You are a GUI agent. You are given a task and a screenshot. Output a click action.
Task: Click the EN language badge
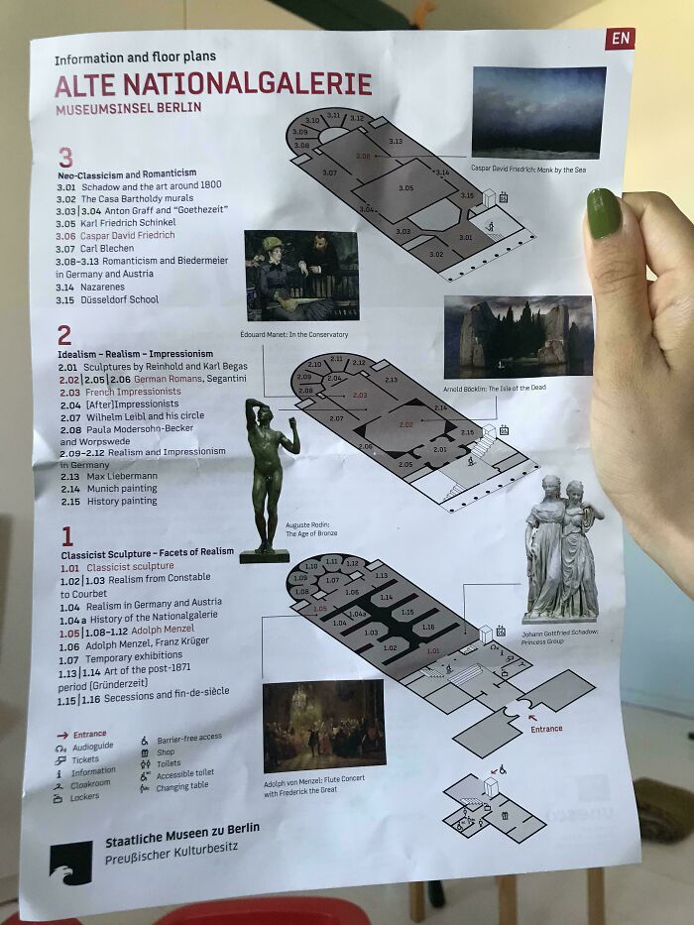[x=620, y=39]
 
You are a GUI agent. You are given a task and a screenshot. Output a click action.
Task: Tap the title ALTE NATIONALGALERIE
[x=213, y=84]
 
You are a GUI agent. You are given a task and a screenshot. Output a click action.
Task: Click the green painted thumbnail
[x=604, y=214]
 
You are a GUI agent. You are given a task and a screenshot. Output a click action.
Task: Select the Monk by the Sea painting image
[x=538, y=112]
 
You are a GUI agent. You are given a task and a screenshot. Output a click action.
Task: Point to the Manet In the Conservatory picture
[x=300, y=276]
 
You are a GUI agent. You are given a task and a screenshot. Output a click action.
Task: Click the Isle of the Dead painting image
[x=518, y=337]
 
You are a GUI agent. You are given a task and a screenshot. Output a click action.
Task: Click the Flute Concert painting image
[x=323, y=725]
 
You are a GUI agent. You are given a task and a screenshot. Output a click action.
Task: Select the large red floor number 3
[x=65, y=158]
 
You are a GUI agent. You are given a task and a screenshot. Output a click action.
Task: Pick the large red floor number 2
[x=64, y=335]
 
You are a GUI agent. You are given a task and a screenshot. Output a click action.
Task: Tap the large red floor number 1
[x=67, y=536]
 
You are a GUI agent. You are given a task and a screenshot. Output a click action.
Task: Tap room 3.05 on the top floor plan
[x=405, y=187]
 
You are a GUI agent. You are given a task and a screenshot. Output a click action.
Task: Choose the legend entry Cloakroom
[x=92, y=783]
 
